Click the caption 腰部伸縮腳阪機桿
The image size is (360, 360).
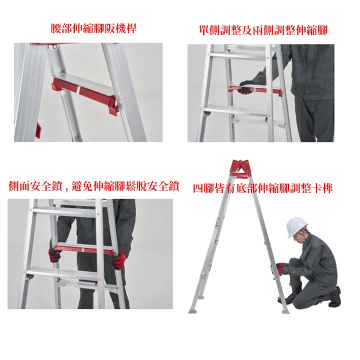[x=93, y=28]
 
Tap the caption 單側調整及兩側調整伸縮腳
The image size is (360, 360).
[x=263, y=29]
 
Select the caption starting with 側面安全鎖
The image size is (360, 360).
[x=93, y=186]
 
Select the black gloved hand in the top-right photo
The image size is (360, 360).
[x=246, y=88]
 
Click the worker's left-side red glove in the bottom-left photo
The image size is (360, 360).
[x=55, y=255]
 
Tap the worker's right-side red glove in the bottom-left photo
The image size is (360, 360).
[x=119, y=260]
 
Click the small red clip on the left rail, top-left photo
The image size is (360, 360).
[x=38, y=130]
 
